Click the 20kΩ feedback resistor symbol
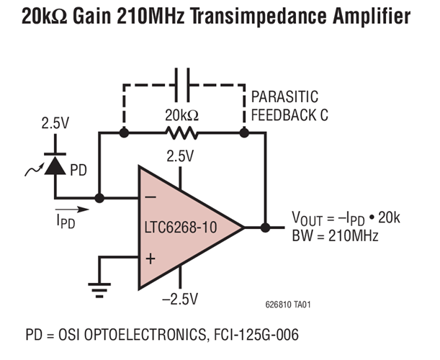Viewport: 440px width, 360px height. click(182, 133)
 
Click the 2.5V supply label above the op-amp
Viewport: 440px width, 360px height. click(180, 155)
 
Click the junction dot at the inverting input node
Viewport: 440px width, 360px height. click(99, 197)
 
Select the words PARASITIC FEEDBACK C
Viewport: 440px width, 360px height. click(288, 106)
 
